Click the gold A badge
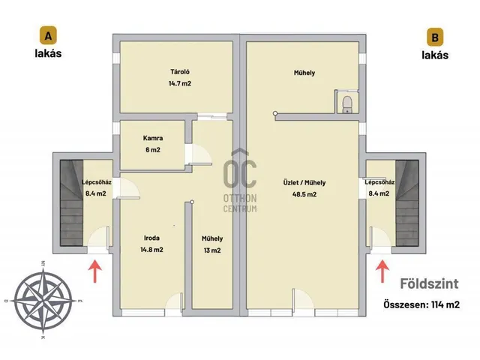pyautogui.click(x=48, y=35)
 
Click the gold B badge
pyautogui.click(x=435, y=37)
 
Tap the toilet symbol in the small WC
pyautogui.click(x=347, y=103)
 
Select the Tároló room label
pyautogui.click(x=180, y=72)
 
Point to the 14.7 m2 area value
pyautogui.click(x=180, y=83)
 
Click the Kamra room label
pyautogui.click(x=153, y=138)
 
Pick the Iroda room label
pyautogui.click(x=151, y=238)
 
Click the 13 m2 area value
pyautogui.click(x=212, y=250)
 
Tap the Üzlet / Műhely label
pyautogui.click(x=304, y=183)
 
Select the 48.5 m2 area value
pyautogui.click(x=304, y=194)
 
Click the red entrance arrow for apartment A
pyautogui.click(x=95, y=271)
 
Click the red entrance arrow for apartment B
pyautogui.click(x=382, y=271)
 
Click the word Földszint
pyautogui.click(x=429, y=283)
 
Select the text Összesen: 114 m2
pyautogui.click(x=421, y=304)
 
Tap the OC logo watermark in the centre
pyautogui.click(x=240, y=181)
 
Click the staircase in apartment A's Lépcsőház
pyautogui.click(x=71, y=202)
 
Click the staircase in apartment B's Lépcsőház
pyautogui.click(x=406, y=202)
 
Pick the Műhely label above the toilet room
pyautogui.click(x=304, y=73)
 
